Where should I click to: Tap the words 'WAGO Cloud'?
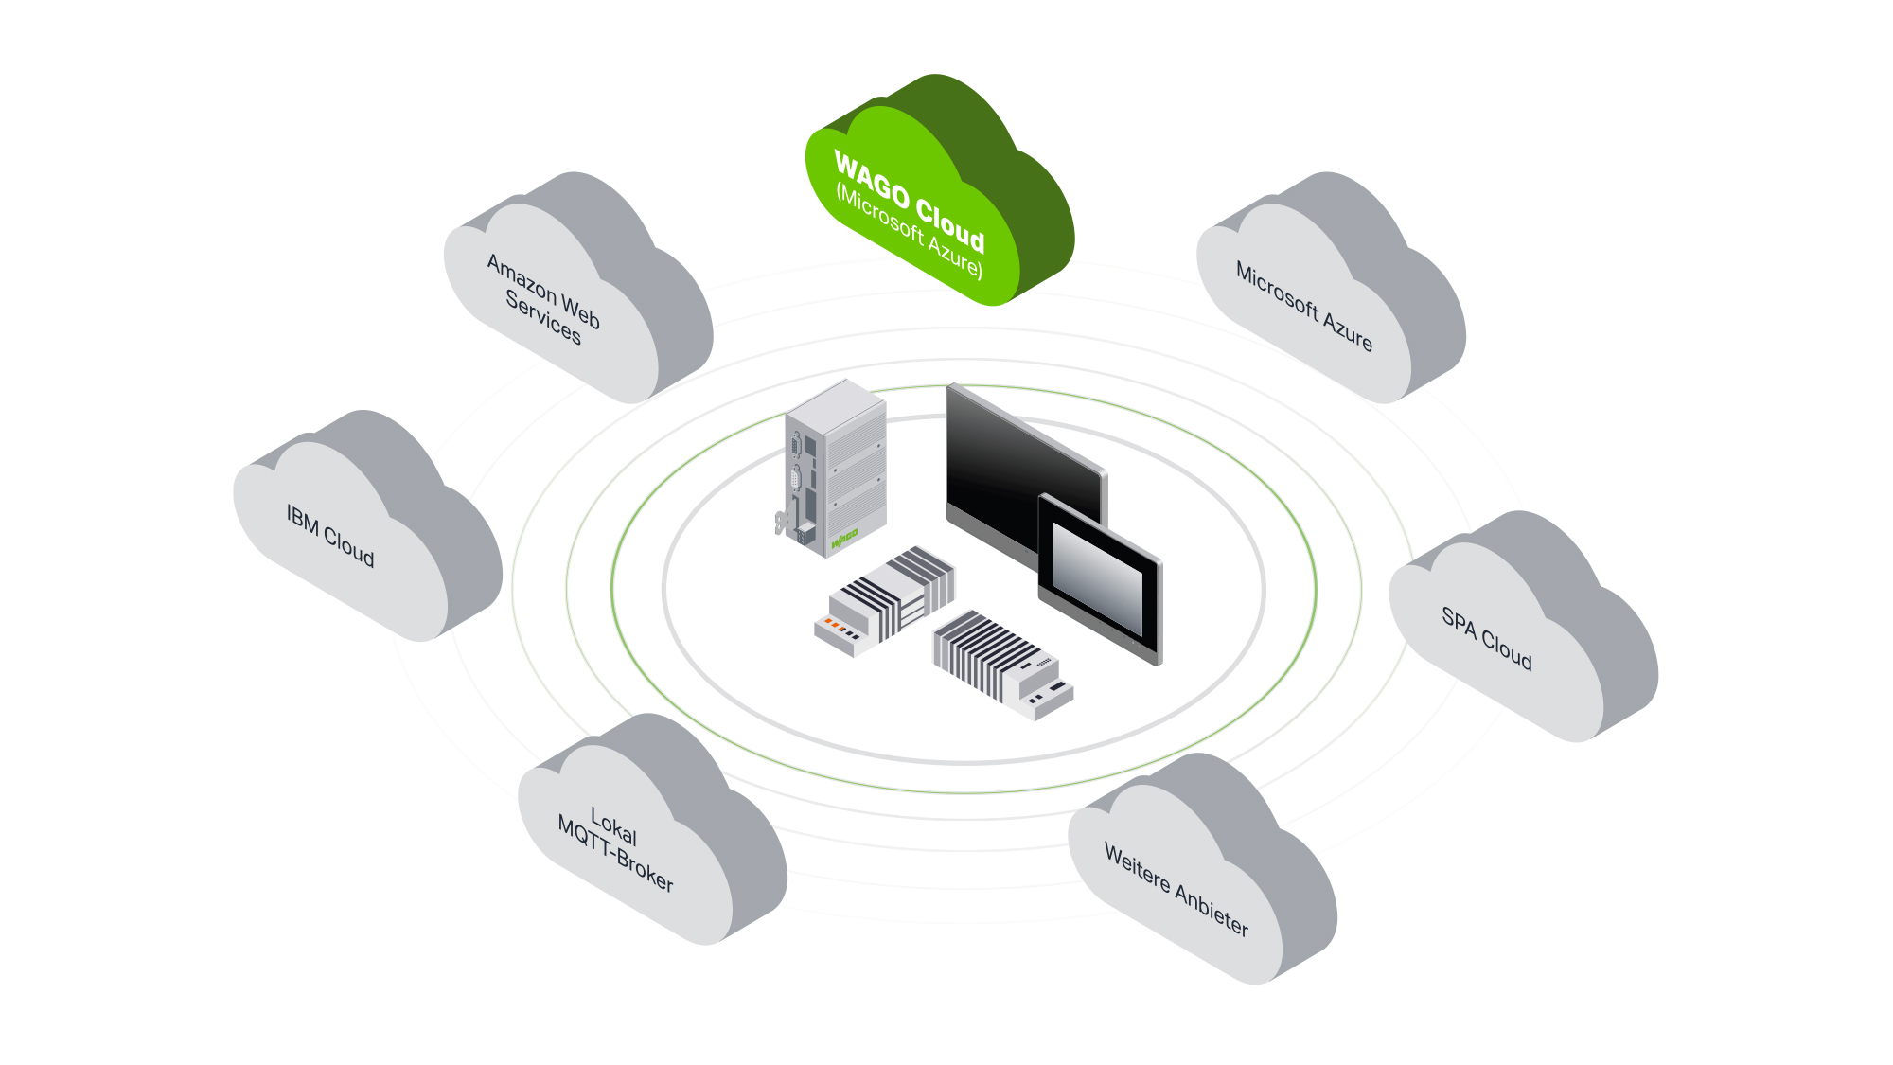[910, 201]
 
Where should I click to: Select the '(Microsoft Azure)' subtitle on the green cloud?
[909, 232]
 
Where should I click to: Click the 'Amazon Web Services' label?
[543, 298]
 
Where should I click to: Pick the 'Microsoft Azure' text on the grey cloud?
[1304, 306]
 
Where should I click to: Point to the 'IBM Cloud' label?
[330, 535]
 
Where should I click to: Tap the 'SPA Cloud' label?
[1487, 638]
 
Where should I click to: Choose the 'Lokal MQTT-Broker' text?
[615, 849]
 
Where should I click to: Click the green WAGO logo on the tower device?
[844, 539]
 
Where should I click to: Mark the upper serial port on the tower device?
[796, 446]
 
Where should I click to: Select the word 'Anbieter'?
[1212, 910]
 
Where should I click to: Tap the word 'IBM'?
[303, 519]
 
